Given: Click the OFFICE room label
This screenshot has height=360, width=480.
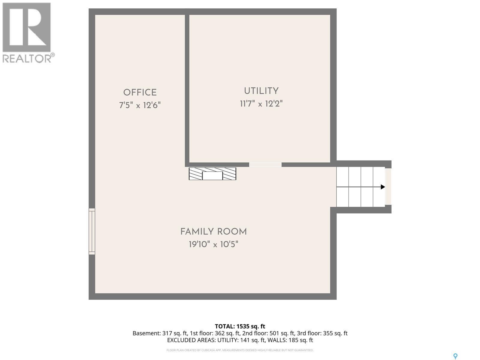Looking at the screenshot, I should pyautogui.click(x=140, y=92).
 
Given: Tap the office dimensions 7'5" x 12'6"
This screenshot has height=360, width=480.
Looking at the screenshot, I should pyautogui.click(x=140, y=105).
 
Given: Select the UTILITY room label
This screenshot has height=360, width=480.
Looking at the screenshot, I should pyautogui.click(x=261, y=91).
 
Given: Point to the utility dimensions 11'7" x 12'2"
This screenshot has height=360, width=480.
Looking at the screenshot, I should pyautogui.click(x=261, y=104).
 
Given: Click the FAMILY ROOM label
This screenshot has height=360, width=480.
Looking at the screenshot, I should pyautogui.click(x=213, y=232).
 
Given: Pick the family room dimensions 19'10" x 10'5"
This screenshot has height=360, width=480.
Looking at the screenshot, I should pyautogui.click(x=213, y=244).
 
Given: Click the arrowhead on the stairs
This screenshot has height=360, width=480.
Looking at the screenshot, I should pyautogui.click(x=382, y=187).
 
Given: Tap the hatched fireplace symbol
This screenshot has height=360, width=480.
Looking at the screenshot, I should pyautogui.click(x=212, y=174).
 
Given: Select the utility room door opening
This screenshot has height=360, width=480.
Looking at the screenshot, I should pyautogui.click(x=265, y=164).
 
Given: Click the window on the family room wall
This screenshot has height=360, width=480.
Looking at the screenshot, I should pyautogui.click(x=92, y=232).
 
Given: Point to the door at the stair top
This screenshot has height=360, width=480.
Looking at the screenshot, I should pyautogui.click(x=388, y=187).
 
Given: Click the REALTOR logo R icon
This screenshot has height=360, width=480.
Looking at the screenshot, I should pyautogui.click(x=26, y=28).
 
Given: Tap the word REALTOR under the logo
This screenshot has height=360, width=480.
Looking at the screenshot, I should pyautogui.click(x=27, y=58).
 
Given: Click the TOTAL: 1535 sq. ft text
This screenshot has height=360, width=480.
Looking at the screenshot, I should pyautogui.click(x=240, y=326).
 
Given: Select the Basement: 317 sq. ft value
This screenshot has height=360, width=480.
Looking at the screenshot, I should pyautogui.click(x=160, y=333).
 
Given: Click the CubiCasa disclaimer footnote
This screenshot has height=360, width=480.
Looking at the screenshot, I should pyautogui.click(x=240, y=350).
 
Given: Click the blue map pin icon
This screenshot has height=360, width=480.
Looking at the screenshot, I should pyautogui.click(x=455, y=356).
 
